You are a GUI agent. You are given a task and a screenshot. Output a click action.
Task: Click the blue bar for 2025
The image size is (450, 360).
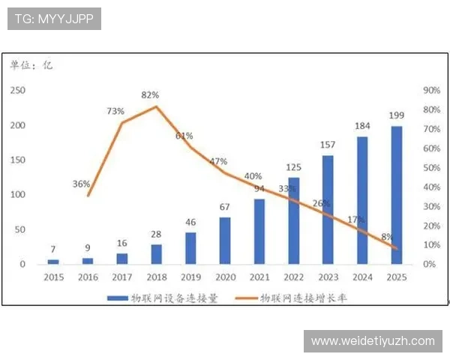coord(397,195)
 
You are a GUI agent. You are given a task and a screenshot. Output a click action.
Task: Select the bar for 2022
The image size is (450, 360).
coord(293,220)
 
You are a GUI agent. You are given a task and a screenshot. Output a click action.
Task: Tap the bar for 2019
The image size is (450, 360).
coord(190,248)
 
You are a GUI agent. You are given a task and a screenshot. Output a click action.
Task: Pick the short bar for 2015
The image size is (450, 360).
coord(53,262)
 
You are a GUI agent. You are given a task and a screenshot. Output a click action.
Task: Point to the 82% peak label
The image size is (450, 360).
coord(149,95)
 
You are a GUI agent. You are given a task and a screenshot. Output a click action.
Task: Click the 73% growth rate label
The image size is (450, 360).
coord(115,111)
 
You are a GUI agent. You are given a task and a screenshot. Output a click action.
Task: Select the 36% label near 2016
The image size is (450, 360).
coord(82,184)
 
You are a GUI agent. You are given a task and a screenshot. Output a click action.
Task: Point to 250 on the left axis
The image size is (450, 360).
coord(16,90)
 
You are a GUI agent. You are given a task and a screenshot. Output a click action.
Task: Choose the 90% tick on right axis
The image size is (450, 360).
coord(432,90)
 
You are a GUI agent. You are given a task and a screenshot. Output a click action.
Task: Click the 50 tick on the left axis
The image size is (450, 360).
coord(19,229)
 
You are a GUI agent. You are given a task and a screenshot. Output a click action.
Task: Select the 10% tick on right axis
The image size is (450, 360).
coord(432,245)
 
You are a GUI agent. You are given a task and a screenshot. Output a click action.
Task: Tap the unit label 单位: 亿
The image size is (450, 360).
coord(31,65)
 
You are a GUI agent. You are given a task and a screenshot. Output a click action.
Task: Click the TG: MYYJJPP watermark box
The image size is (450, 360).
coord(54,19)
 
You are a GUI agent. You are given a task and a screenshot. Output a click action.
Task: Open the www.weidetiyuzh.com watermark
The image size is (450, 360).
coord(373,341)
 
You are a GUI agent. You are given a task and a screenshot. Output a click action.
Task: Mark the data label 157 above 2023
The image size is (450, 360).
coord(328,145)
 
